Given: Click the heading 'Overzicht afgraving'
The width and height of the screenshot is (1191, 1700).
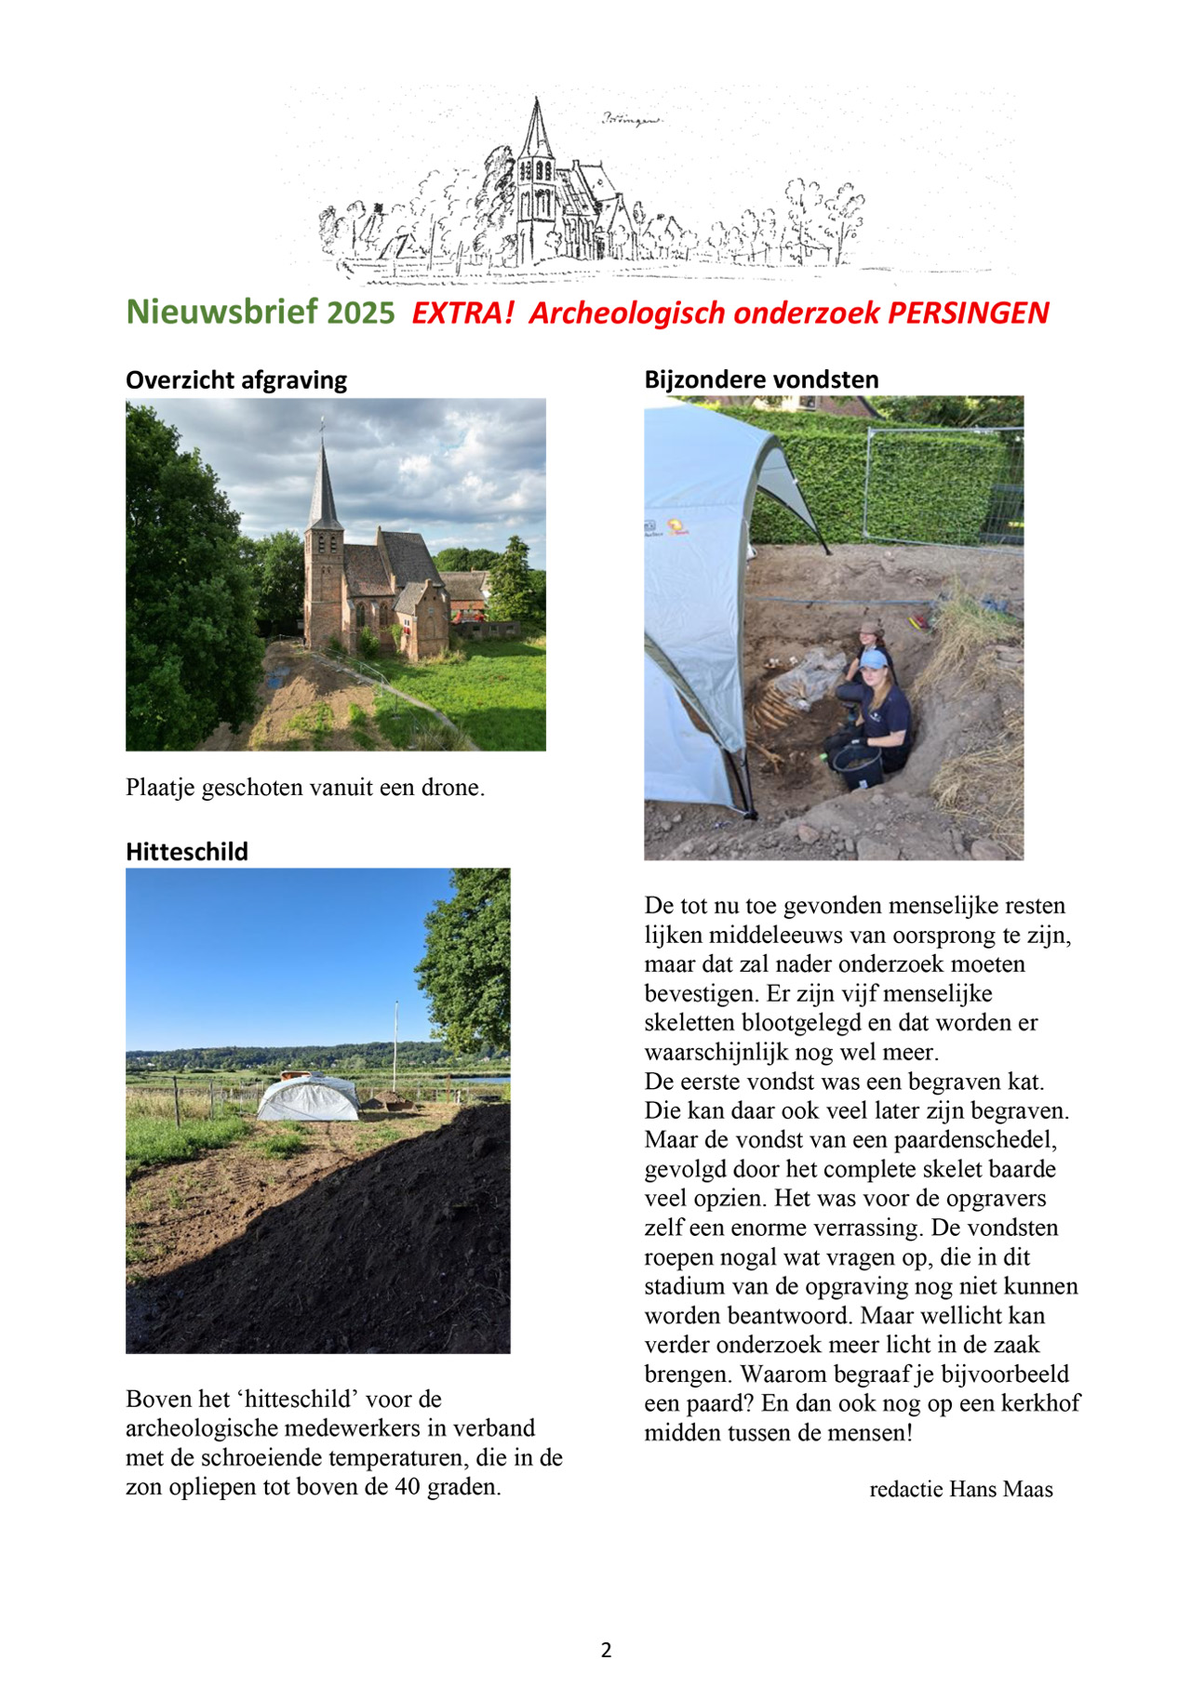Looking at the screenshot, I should click(236, 380).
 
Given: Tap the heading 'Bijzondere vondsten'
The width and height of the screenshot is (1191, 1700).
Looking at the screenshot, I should click(761, 379).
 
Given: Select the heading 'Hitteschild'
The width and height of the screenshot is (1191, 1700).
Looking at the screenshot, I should click(187, 852).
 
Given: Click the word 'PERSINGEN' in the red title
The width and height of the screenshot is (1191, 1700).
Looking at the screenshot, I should click(968, 313).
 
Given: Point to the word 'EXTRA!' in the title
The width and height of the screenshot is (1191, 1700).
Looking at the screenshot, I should click(462, 313).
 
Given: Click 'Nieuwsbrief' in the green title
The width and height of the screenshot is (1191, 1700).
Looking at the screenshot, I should click(222, 312).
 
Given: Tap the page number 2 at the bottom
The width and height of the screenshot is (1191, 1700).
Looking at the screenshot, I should click(606, 1651).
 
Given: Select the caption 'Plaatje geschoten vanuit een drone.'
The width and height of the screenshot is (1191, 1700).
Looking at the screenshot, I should click(305, 788).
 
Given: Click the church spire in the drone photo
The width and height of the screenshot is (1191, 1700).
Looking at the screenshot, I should click(324, 484).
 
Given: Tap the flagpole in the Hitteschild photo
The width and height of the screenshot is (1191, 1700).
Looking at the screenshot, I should click(395, 1046).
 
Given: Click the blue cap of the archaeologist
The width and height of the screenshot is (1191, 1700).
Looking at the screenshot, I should click(873, 660).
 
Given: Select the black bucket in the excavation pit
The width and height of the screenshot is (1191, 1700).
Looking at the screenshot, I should click(857, 767).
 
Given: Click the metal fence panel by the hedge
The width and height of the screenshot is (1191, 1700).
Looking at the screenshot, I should click(940, 484).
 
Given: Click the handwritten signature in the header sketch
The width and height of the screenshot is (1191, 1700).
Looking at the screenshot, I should click(632, 119).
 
